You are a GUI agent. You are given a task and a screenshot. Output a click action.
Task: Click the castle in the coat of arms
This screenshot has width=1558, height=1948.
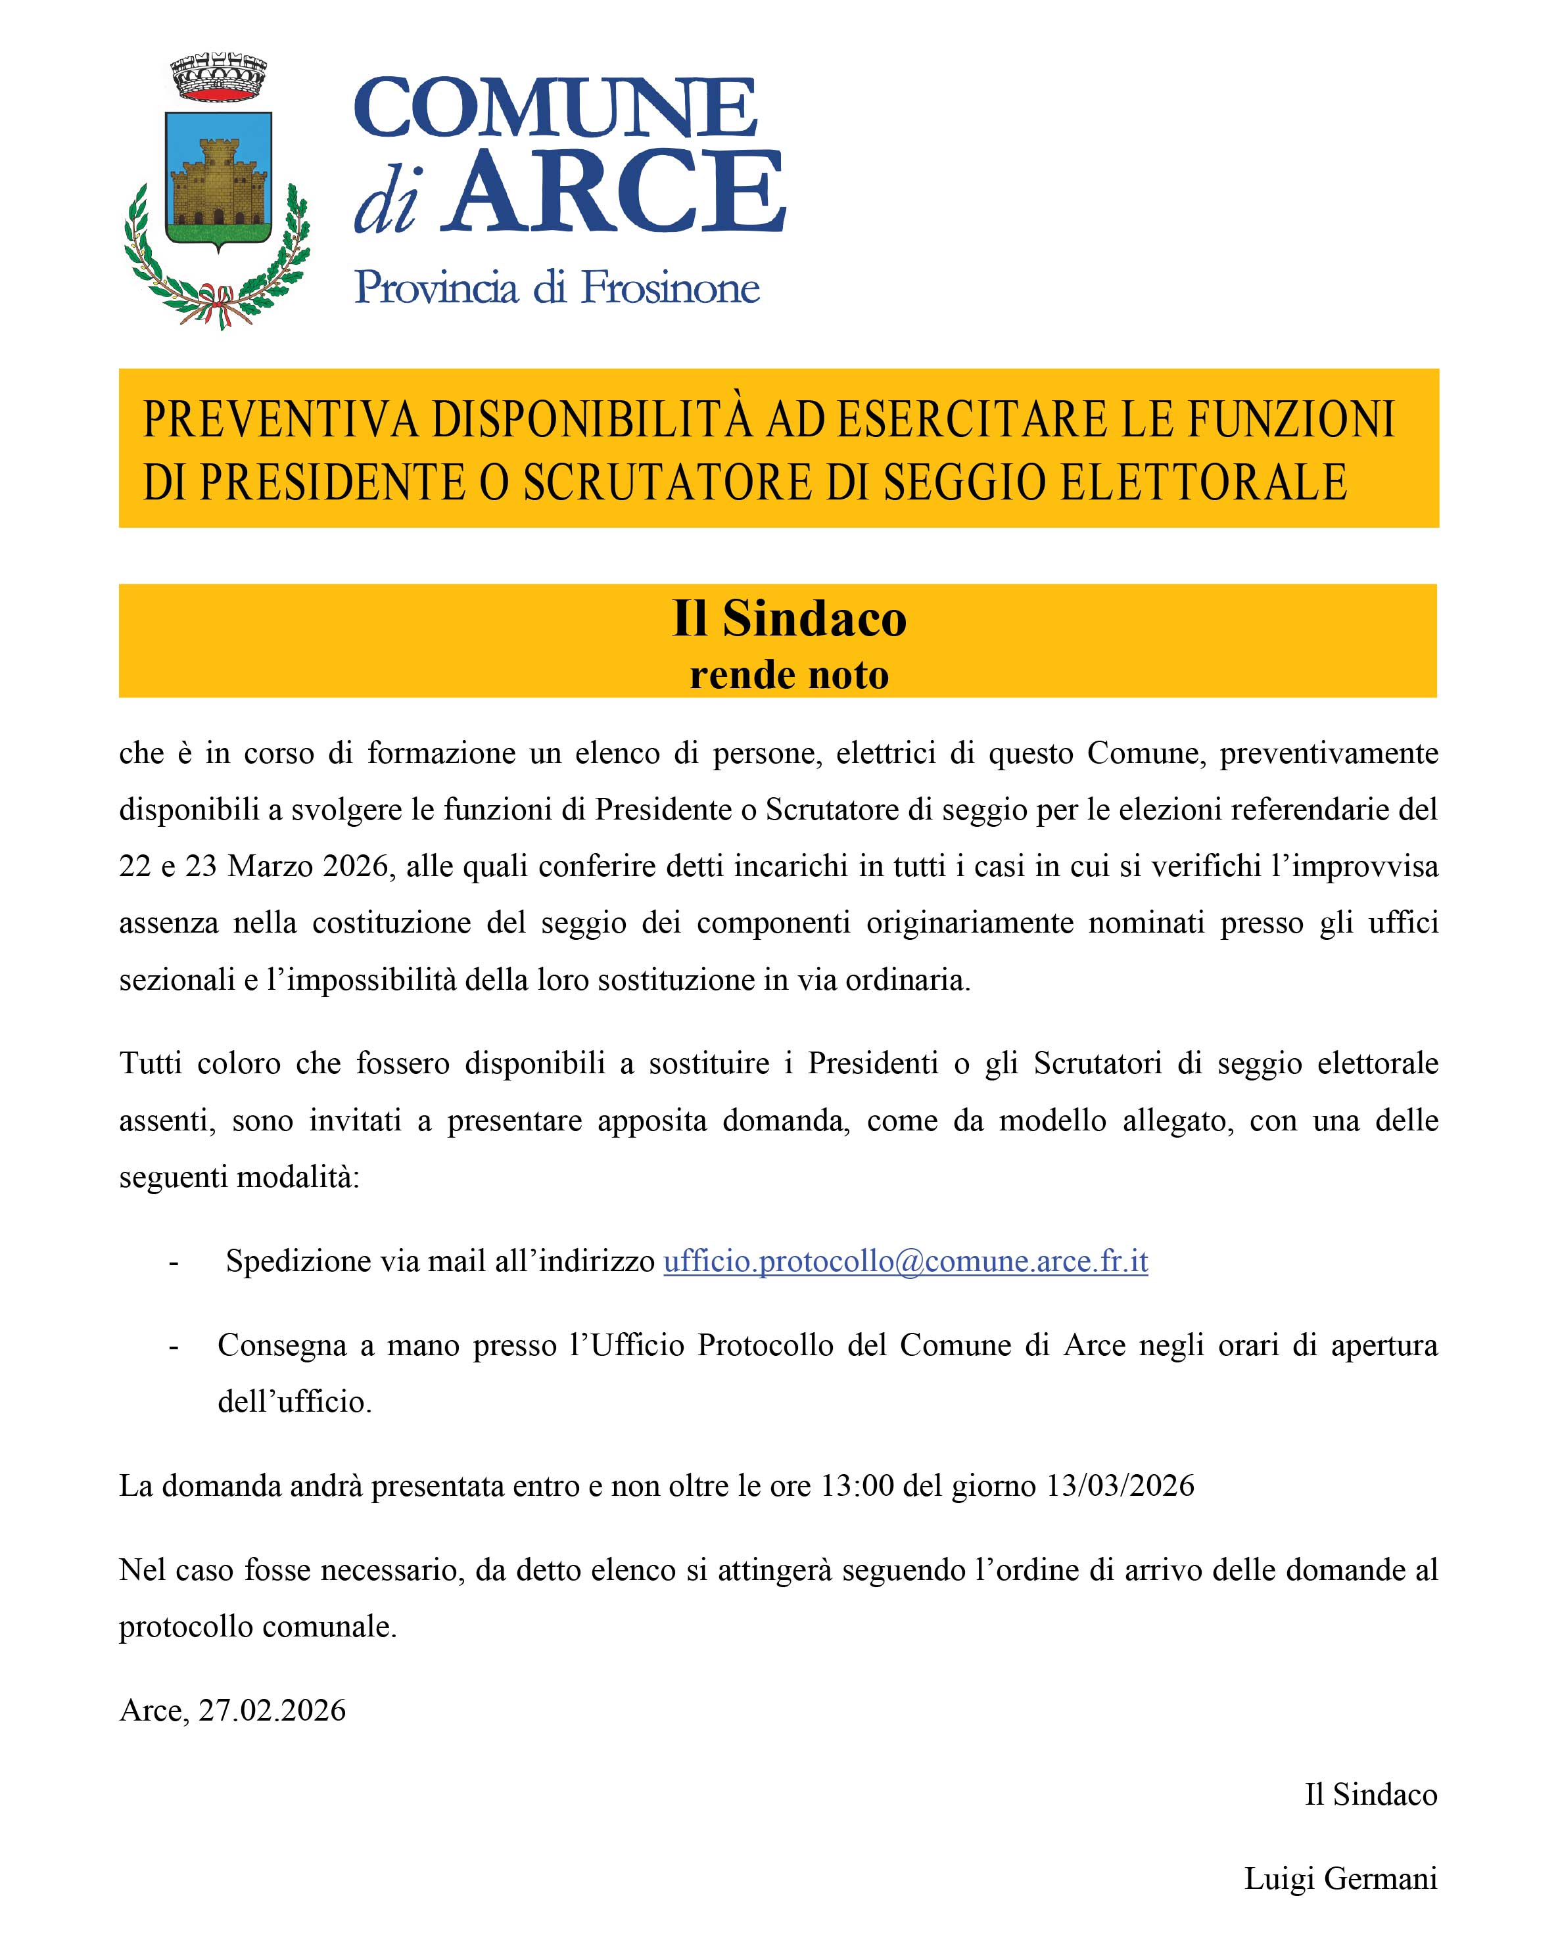217,183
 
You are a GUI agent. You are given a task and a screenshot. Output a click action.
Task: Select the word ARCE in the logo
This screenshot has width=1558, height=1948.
617,191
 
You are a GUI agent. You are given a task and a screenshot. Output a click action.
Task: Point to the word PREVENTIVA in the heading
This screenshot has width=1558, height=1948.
280,420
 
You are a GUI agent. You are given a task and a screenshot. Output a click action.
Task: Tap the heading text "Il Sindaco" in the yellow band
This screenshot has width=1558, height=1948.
789,619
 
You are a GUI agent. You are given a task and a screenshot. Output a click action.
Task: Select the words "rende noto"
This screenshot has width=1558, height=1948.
789,675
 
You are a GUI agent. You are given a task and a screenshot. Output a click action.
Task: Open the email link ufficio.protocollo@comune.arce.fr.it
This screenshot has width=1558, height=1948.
905,1261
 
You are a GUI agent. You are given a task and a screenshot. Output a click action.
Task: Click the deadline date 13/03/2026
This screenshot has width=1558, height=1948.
1120,1486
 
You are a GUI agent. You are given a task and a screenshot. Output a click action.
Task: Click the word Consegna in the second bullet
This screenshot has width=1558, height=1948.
282,1345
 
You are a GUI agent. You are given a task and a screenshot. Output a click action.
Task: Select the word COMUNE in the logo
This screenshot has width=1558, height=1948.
555,108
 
